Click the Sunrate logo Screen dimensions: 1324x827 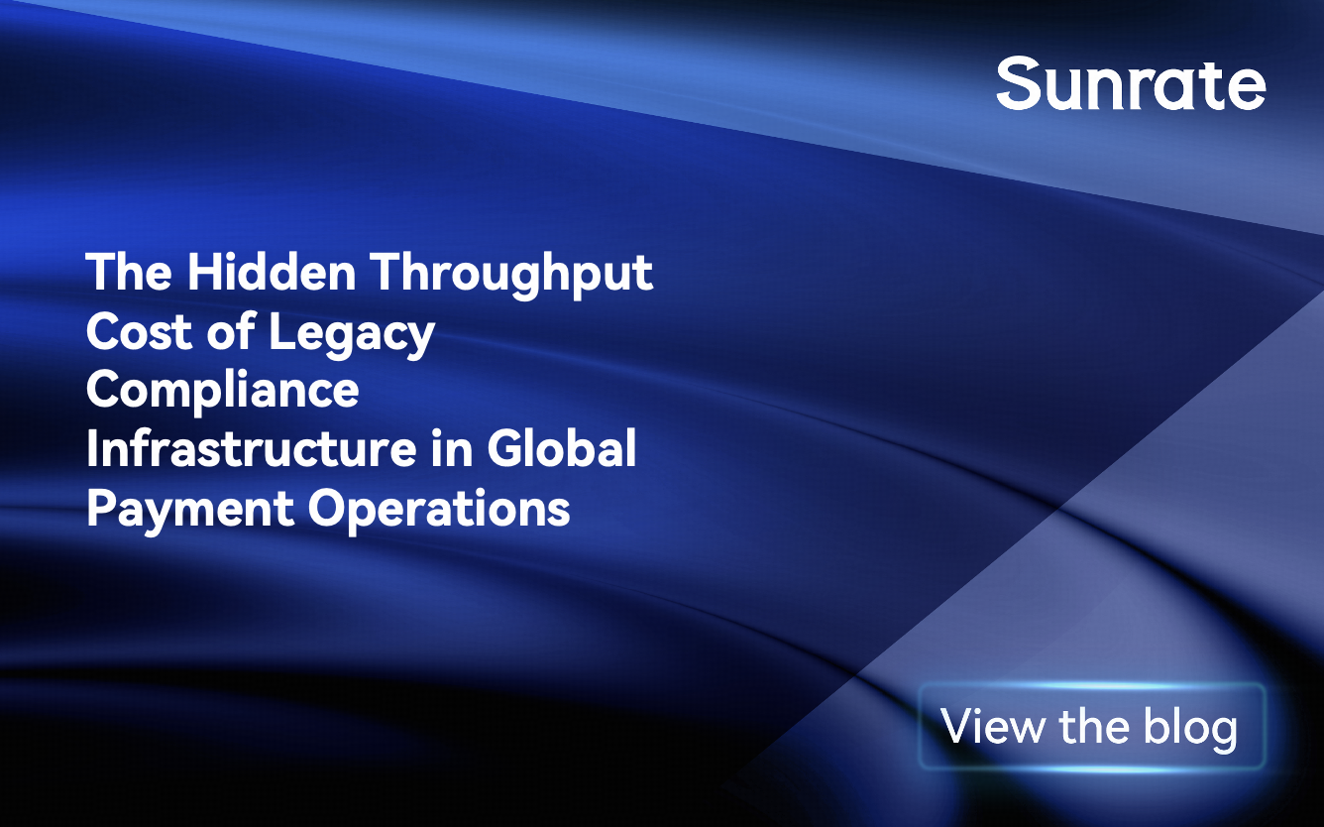[x=1130, y=83]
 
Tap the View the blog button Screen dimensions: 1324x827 [x=1092, y=726]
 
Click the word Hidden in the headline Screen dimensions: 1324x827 [x=272, y=271]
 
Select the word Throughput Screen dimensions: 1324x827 [x=512, y=275]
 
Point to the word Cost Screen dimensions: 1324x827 [x=139, y=330]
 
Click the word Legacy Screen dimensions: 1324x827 [x=352, y=334]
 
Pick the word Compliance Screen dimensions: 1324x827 [x=222, y=393]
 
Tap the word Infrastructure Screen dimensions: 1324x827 [x=251, y=448]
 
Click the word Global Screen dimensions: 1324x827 [x=562, y=448]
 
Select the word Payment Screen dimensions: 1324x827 [x=189, y=510]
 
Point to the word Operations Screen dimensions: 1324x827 [x=439, y=510]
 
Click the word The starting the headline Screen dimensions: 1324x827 [x=130, y=271]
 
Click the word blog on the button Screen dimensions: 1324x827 [x=1190, y=729]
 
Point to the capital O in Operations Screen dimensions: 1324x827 [x=329, y=508]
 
